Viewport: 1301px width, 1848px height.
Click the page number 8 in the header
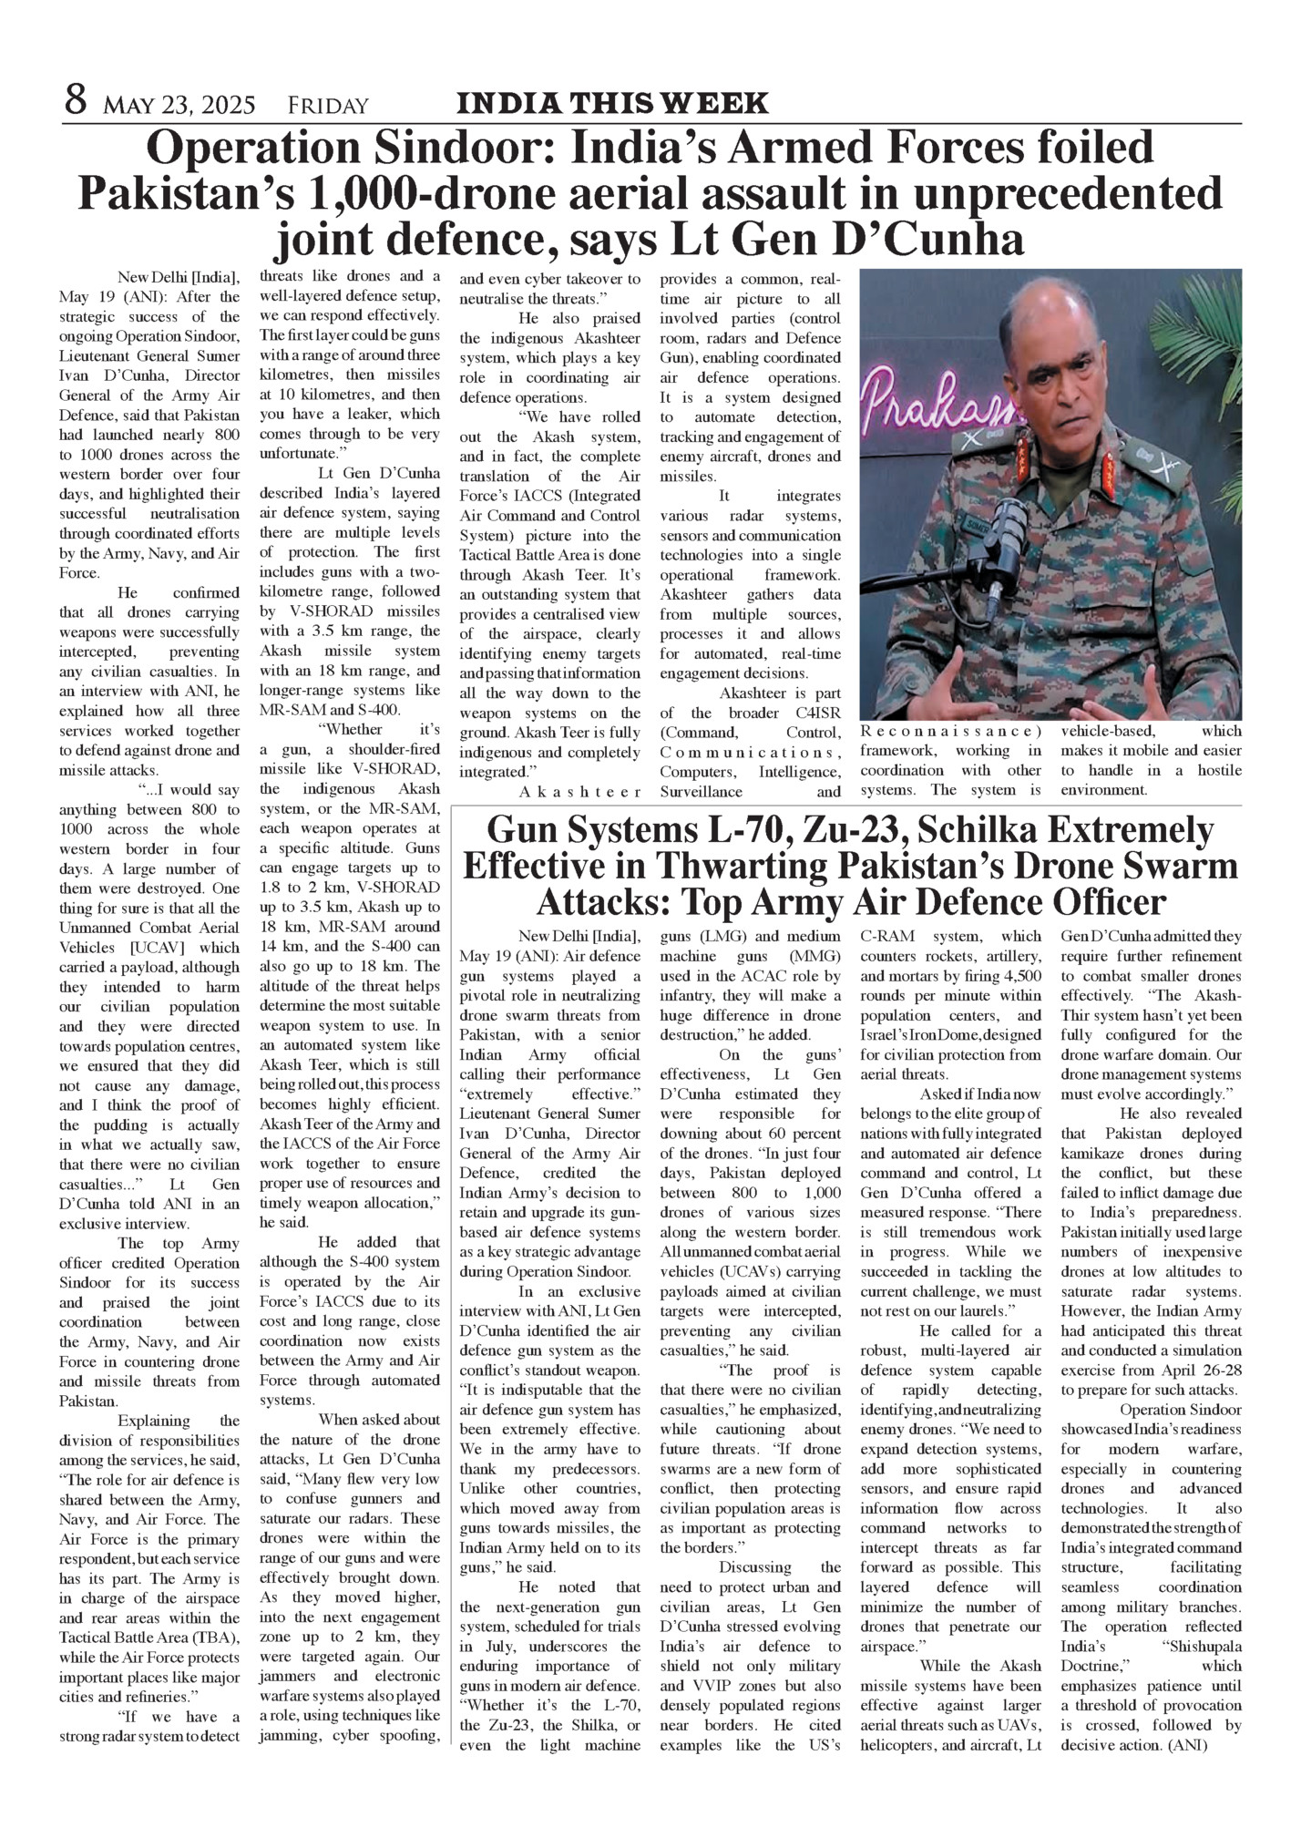pyautogui.click(x=76, y=100)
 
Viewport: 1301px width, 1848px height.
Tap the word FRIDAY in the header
pyautogui.click(x=328, y=106)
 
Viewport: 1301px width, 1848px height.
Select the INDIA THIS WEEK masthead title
pyautogui.click(x=612, y=103)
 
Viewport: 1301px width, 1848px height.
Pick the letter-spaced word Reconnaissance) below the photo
pyautogui.click(x=951, y=731)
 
